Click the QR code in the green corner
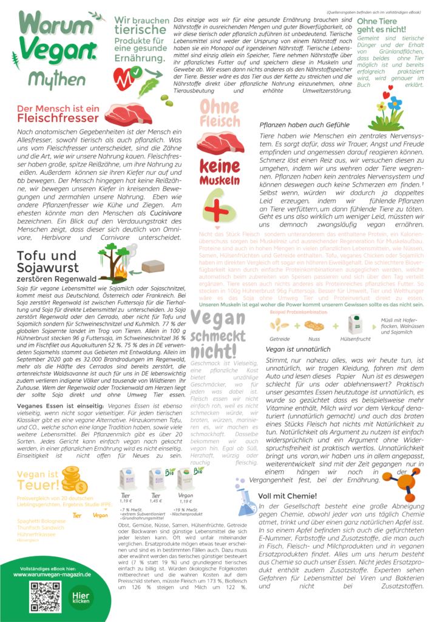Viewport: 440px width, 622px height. [46, 597]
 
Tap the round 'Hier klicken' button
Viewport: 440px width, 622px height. [81, 598]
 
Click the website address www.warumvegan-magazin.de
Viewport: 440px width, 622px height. [52, 573]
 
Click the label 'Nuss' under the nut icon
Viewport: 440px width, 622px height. [314, 338]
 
